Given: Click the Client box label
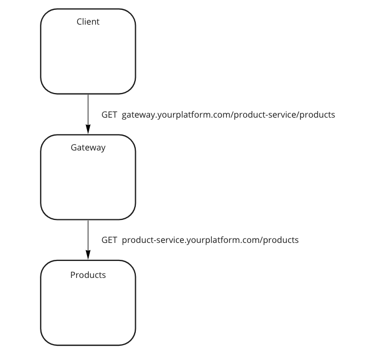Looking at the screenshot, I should tap(88, 22).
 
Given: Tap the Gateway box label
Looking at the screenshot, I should tap(88, 148).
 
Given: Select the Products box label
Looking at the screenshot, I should tap(88, 275).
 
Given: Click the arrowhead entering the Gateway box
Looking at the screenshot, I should tap(88, 130).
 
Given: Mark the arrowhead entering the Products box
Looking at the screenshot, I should tap(88, 256).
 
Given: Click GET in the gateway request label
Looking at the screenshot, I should tap(109, 115).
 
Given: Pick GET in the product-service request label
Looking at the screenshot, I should tap(109, 240).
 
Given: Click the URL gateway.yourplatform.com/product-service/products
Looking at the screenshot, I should tap(228, 115).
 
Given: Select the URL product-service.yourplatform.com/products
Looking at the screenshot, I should tap(210, 240).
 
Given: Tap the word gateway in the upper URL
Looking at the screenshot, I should tap(139, 115).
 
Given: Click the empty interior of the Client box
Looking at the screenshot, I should tap(88, 57).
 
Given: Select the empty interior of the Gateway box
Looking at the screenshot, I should tap(88, 183).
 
